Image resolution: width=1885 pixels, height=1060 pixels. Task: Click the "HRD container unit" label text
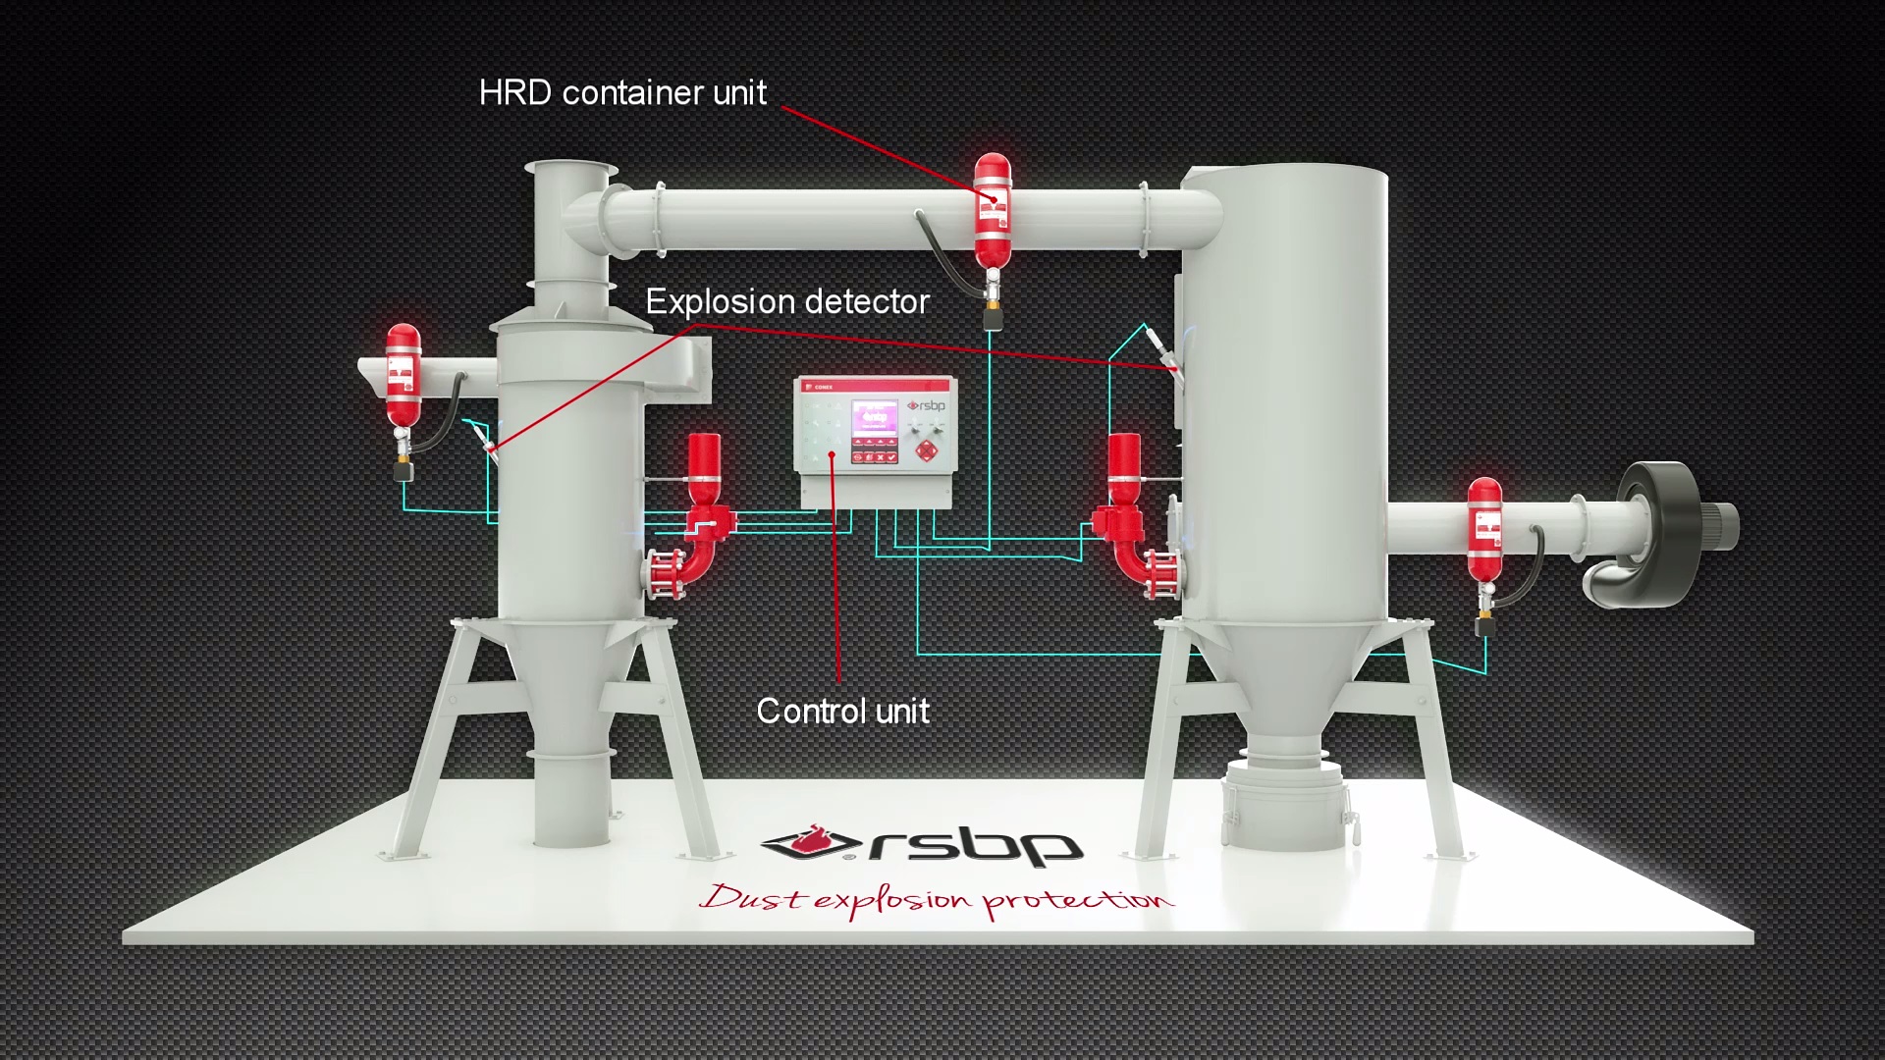coord(622,92)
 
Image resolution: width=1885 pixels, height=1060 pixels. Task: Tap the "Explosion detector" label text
coord(786,301)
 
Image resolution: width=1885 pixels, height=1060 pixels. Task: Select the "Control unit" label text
coord(842,711)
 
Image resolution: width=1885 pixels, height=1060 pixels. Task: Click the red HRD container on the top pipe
coord(993,211)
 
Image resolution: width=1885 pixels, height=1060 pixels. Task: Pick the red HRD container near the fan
coord(1484,530)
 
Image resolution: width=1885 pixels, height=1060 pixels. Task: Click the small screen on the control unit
coord(874,419)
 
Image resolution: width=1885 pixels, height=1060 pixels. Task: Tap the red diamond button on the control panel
coord(926,451)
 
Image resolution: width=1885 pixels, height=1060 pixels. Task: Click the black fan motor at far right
coord(1669,530)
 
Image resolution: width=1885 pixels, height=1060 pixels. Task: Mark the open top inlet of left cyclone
coord(570,170)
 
